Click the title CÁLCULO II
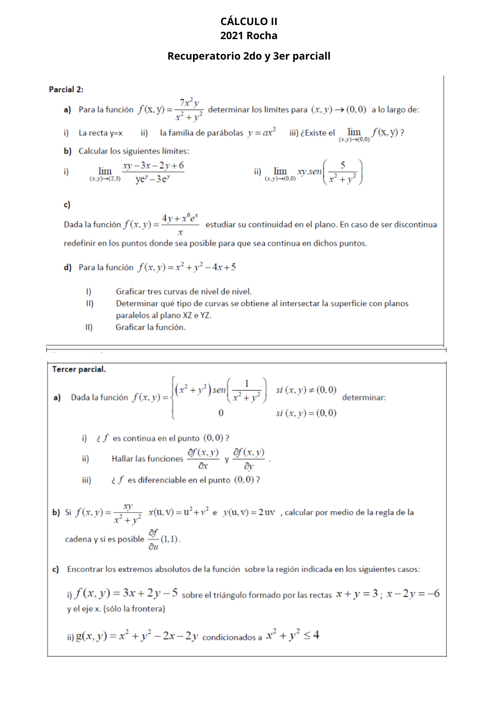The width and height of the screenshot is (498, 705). (249, 22)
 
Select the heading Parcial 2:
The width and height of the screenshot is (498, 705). (66, 90)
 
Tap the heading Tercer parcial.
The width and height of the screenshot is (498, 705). (79, 369)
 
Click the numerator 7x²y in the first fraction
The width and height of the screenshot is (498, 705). (189, 103)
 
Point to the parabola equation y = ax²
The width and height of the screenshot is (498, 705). (262, 133)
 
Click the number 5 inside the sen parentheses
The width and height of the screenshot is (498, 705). (343, 165)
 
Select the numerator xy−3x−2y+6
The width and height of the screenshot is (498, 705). (153, 166)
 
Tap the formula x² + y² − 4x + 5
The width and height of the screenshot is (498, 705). (206, 267)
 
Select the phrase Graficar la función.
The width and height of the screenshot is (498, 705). (150, 327)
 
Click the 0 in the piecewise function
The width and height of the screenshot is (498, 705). (221, 413)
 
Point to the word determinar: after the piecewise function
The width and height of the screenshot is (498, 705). (364, 398)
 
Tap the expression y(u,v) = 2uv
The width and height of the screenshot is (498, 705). (249, 512)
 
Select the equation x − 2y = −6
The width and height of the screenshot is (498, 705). (413, 594)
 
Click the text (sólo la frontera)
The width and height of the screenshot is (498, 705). (134, 609)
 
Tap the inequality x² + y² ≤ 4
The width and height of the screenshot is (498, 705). (293, 635)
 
